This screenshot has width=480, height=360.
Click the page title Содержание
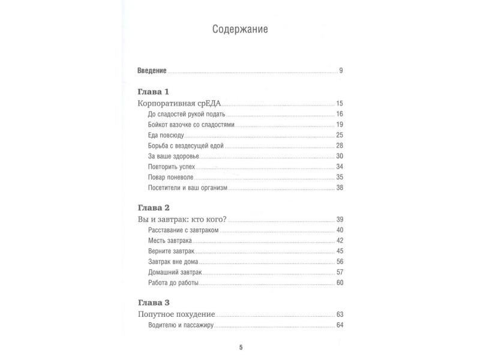[240, 29]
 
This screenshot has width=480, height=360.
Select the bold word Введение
[152, 71]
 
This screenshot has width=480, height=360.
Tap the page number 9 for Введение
[340, 71]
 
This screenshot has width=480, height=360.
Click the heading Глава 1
[154, 92]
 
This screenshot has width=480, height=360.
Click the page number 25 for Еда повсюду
[339, 135]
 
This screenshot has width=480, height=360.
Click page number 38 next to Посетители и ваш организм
[339, 188]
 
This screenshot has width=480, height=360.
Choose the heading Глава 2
[154, 208]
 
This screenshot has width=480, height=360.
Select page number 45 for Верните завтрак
[339, 251]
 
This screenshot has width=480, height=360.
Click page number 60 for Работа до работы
[339, 283]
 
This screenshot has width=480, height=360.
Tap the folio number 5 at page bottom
[240, 347]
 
